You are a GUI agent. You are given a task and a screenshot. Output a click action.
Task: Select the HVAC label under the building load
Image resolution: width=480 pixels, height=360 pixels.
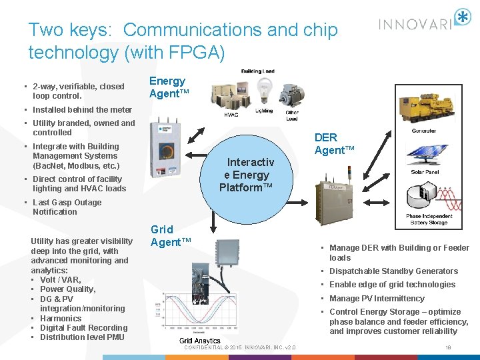coord(231,114)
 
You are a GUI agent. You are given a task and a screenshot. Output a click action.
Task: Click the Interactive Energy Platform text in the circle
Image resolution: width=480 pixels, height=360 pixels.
coord(246,175)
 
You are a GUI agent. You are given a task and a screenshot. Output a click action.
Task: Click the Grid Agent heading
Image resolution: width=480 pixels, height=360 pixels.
coord(170,235)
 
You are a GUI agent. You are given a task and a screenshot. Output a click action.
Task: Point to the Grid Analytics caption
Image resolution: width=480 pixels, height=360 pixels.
coord(199,341)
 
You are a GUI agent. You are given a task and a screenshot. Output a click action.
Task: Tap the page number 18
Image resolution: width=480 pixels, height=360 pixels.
coord(447,347)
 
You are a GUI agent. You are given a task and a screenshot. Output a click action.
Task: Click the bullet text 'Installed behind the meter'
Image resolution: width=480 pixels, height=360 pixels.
coord(82,110)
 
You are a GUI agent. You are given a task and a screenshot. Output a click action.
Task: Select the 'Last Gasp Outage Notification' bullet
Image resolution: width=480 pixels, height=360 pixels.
coord(67,207)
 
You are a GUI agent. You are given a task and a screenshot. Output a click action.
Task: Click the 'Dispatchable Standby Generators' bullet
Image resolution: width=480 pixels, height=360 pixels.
coord(393,271)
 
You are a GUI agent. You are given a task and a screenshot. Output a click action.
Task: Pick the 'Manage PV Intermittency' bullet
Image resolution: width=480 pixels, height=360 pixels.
coord(377,299)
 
